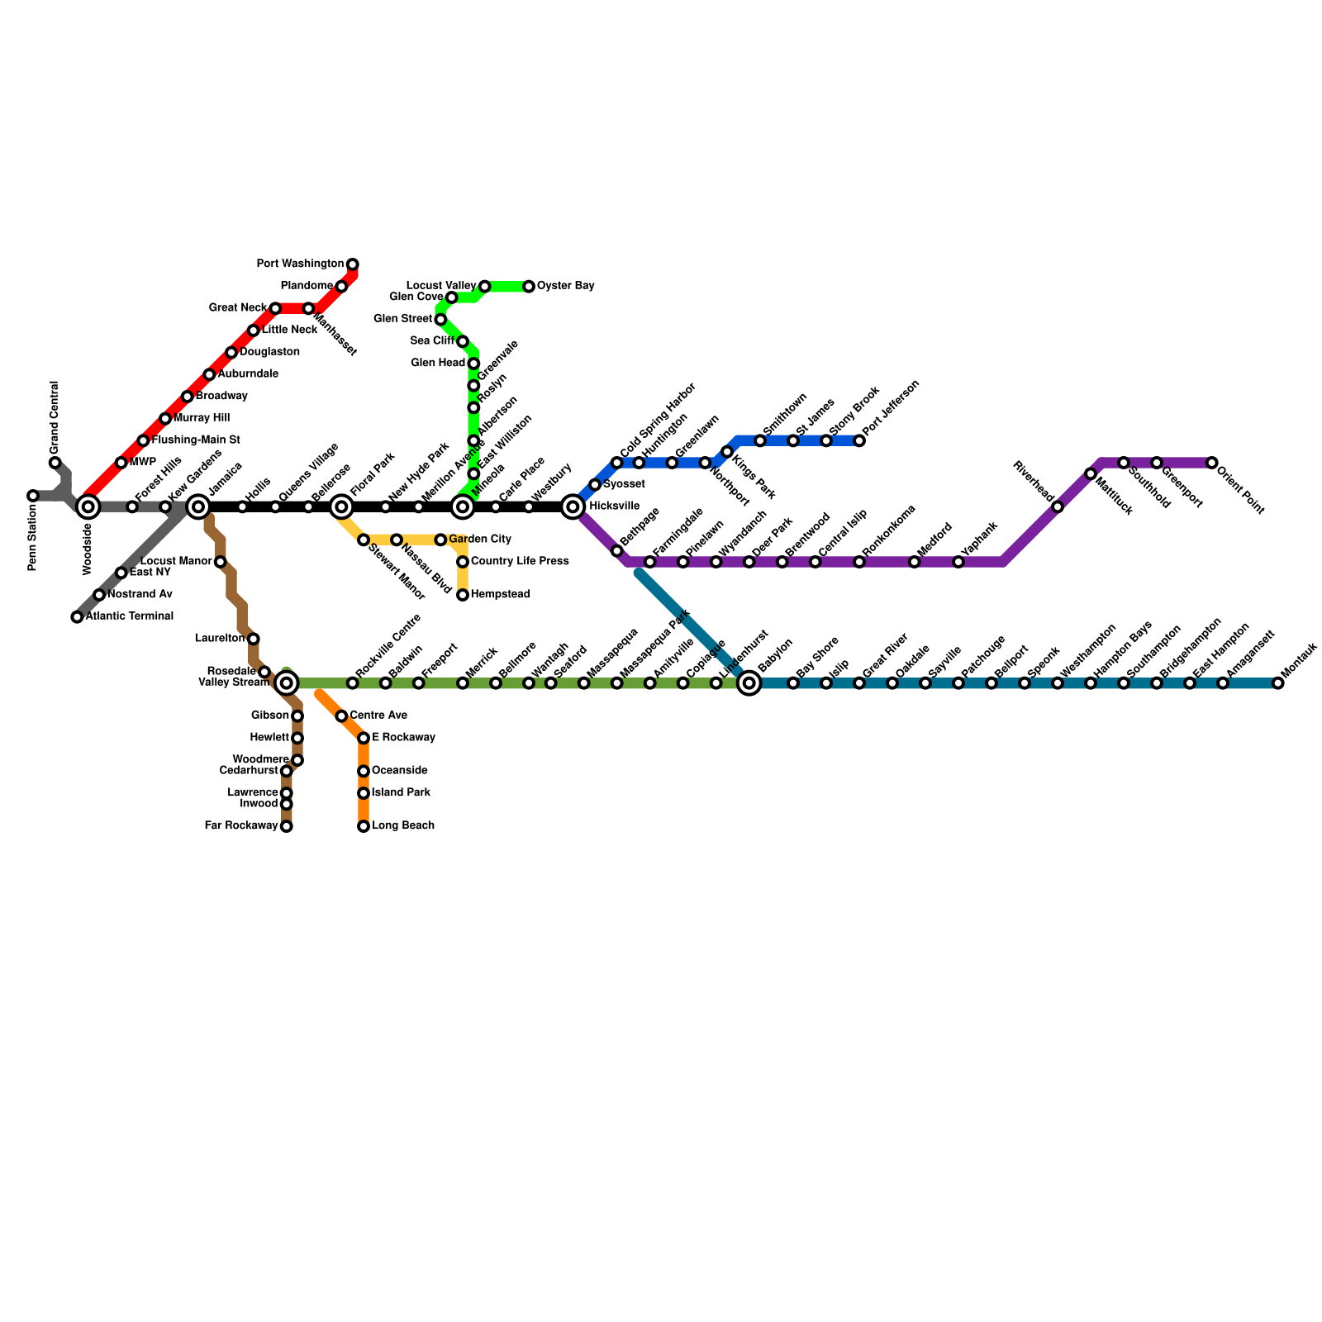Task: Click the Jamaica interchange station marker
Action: (198, 506)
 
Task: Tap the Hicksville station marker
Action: (573, 506)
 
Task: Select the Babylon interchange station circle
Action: (749, 683)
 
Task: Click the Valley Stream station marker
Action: (287, 683)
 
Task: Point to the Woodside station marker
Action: (88, 506)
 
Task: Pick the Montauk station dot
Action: (1278, 683)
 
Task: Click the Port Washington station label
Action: (299, 264)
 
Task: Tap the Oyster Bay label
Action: (565, 286)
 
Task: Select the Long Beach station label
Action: (402, 826)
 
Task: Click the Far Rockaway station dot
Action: (287, 826)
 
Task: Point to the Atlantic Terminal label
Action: (129, 616)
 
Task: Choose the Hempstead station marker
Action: (463, 595)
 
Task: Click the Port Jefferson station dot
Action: (859, 440)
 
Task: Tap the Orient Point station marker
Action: (1212, 463)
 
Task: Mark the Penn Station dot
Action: (33, 496)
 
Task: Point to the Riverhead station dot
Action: (1058, 506)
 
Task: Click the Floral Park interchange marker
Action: (341, 506)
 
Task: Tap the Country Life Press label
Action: (519, 562)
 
